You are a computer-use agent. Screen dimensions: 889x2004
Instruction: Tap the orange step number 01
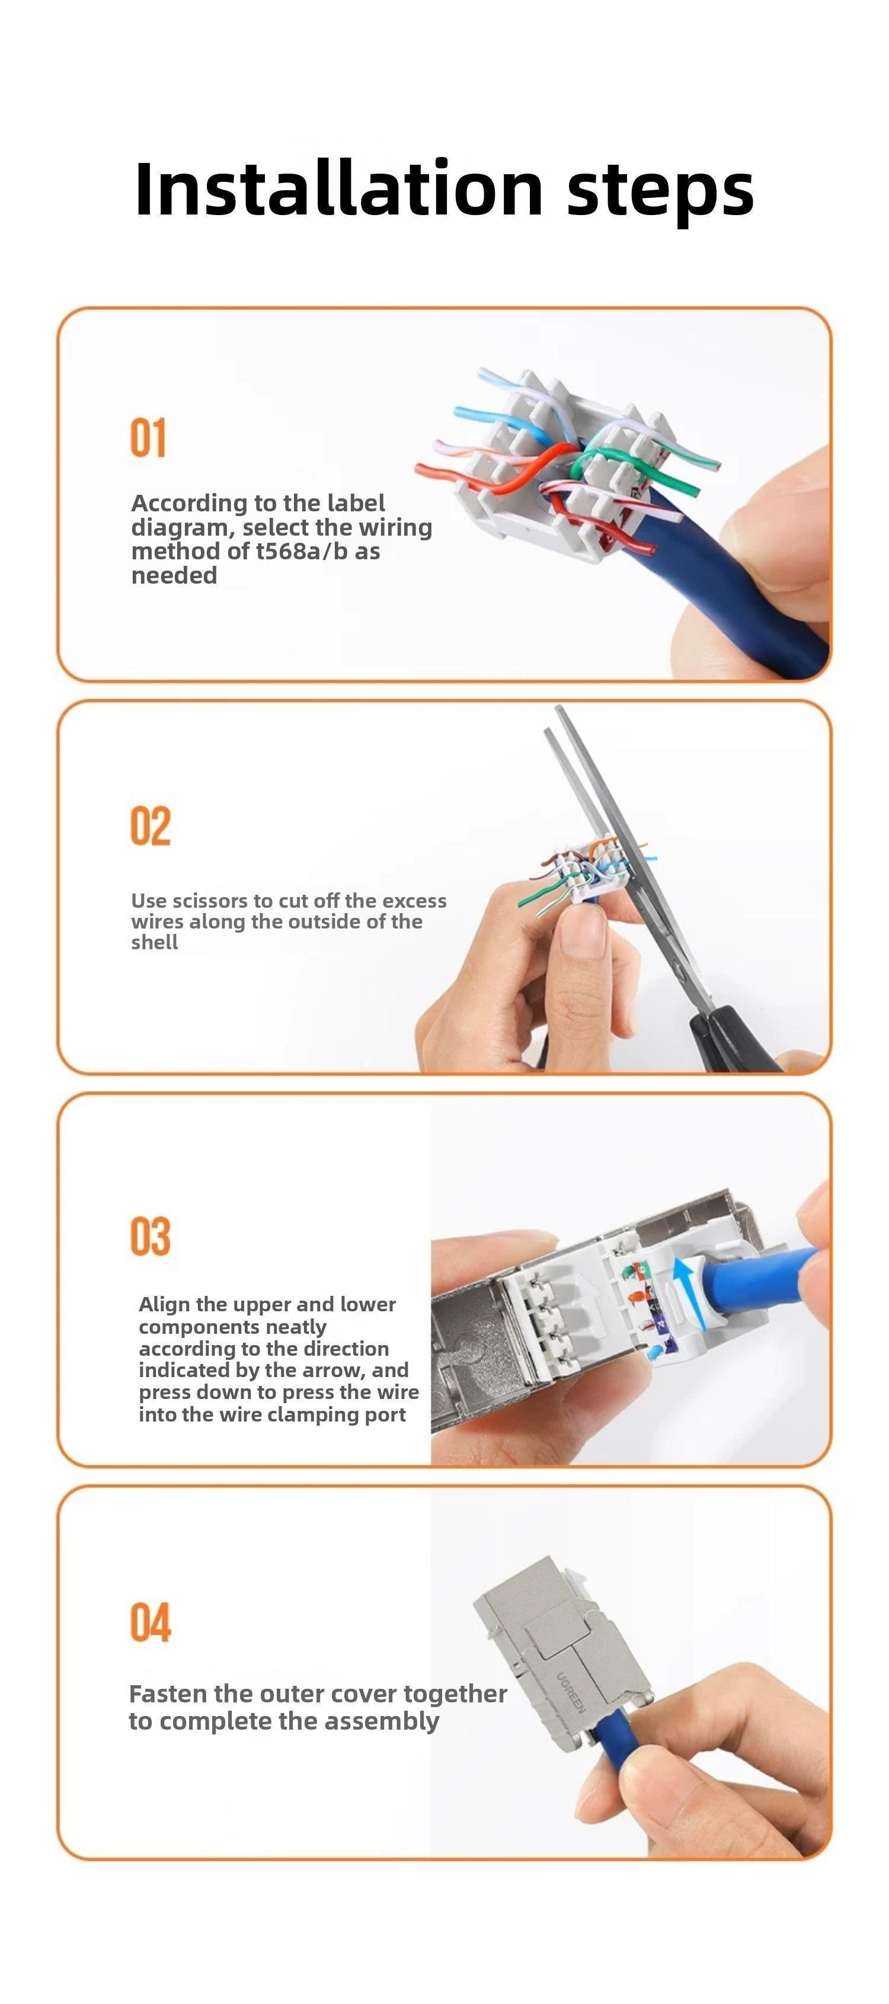click(x=148, y=438)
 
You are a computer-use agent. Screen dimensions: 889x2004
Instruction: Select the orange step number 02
click(x=150, y=826)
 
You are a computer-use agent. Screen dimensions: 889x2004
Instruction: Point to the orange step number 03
click(x=150, y=1236)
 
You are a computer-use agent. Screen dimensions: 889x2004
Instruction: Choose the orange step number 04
click(x=150, y=1623)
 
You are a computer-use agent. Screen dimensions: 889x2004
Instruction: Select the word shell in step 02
click(x=154, y=942)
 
